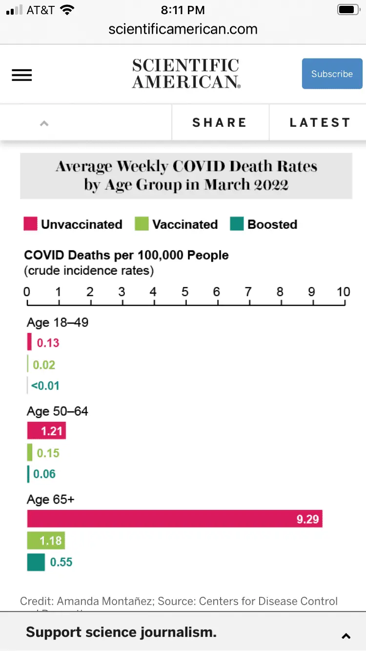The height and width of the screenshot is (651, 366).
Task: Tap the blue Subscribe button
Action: pos(332,74)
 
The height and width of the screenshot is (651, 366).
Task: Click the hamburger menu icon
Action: pos(22,75)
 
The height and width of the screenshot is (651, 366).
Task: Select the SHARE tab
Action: pos(220,122)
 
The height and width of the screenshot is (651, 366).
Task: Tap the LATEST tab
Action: pos(320,122)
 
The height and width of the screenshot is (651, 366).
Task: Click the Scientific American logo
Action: pos(185,74)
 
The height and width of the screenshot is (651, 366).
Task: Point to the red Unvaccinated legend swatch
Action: pos(30,224)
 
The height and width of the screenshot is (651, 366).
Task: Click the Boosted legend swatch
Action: pos(237,224)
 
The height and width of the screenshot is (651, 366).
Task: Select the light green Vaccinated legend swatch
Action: pos(142,224)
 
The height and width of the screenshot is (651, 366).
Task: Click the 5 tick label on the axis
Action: pos(185,292)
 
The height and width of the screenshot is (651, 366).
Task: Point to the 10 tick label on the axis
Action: pos(344,292)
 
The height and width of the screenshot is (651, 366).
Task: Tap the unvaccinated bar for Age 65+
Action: pos(175,519)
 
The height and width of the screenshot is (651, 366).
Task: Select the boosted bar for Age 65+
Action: pos(36,562)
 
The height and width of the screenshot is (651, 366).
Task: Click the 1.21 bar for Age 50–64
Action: pos(46,431)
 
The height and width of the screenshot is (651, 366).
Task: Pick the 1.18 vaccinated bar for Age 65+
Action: pos(46,541)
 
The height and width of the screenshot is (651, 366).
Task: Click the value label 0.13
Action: pos(48,343)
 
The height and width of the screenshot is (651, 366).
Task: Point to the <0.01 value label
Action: pos(45,386)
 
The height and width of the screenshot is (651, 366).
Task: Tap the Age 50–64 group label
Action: pos(58,411)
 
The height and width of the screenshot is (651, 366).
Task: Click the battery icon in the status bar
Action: pos(348,10)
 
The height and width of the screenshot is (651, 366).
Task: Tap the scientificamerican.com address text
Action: pos(183,29)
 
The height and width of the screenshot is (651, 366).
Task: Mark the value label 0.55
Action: pos(61,562)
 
